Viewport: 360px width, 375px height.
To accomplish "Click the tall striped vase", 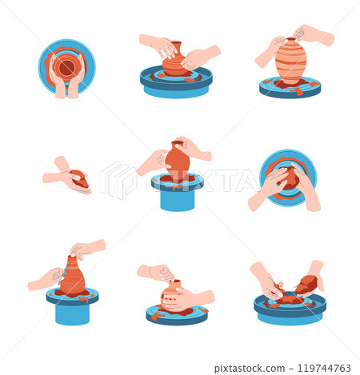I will (x=290, y=61).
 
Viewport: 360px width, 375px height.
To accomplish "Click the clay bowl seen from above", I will (x=66, y=64).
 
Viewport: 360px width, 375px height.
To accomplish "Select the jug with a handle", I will (x=177, y=162).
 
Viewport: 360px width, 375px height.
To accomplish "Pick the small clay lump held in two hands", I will (x=78, y=178).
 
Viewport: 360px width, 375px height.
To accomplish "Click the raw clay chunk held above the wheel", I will (x=306, y=284).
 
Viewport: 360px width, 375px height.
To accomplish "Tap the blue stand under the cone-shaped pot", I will (x=72, y=311).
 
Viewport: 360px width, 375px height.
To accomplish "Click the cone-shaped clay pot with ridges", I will (x=72, y=276).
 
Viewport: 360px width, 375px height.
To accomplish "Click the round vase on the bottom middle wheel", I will (x=175, y=295).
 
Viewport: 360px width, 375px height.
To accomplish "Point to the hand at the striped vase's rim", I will (x=314, y=34).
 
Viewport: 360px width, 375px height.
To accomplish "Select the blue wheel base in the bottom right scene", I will (x=290, y=312).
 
